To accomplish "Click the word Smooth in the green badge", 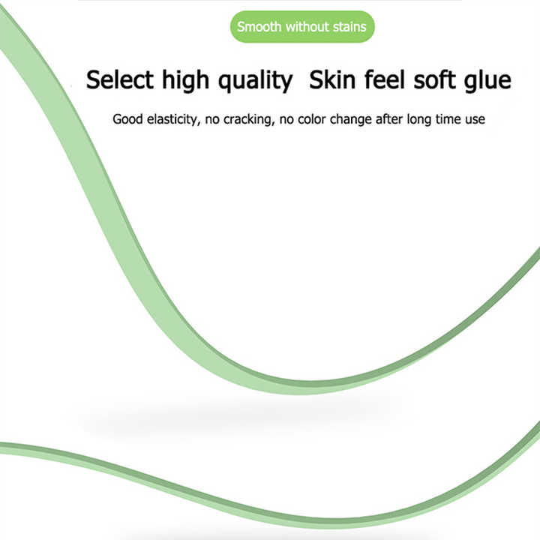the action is pyautogui.click(x=259, y=26).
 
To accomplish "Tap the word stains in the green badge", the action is pyautogui.click(x=350, y=26).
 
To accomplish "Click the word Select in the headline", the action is pyautogui.click(x=120, y=80).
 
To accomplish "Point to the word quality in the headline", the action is pyautogui.click(x=256, y=81).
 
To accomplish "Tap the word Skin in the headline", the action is pyautogui.click(x=332, y=80).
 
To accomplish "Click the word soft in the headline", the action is pyautogui.click(x=434, y=80).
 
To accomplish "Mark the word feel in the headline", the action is pyautogui.click(x=384, y=80).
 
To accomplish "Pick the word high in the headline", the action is pyautogui.click(x=186, y=81).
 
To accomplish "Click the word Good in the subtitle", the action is pyautogui.click(x=127, y=119).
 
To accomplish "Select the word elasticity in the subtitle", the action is pyautogui.click(x=173, y=120).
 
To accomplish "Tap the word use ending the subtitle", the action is pyautogui.click(x=475, y=119).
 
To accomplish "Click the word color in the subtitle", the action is pyautogui.click(x=312, y=119).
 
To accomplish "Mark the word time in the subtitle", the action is pyautogui.click(x=448, y=119).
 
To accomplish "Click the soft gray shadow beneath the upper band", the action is pyautogui.click(x=238, y=418).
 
